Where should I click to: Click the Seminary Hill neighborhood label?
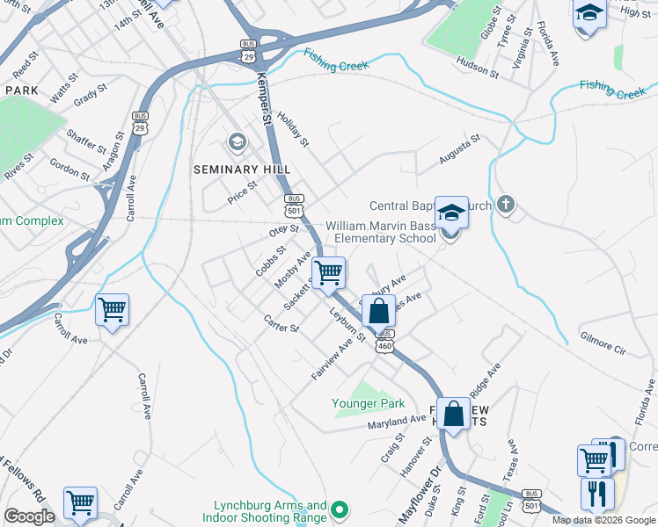click(x=242, y=170)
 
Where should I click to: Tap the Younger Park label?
click(x=368, y=403)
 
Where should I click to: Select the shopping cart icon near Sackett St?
click(x=329, y=273)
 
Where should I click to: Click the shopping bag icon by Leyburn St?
click(x=378, y=311)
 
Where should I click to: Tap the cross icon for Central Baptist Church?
click(x=505, y=206)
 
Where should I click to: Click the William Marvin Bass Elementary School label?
click(x=381, y=232)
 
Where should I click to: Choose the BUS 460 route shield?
click(x=384, y=342)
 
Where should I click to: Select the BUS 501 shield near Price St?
click(x=295, y=206)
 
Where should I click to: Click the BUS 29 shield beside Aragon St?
click(x=140, y=123)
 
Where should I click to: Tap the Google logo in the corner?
click(x=30, y=516)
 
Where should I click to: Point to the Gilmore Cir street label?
click(x=603, y=343)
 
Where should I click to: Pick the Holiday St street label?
click(x=294, y=129)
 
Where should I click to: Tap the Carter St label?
click(x=282, y=322)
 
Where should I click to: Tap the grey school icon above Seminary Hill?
click(x=237, y=141)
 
